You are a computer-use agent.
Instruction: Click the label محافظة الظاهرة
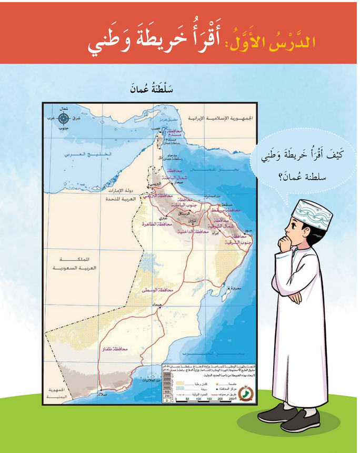coord(143,224)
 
